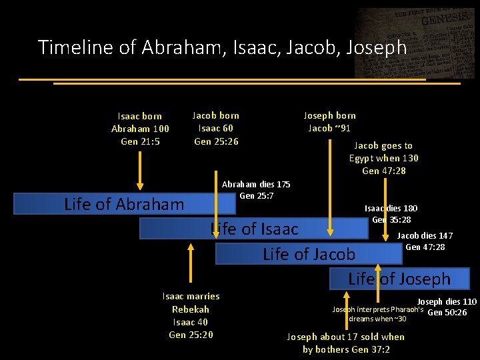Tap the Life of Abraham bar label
coord(124,204)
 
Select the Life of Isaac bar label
coord(254,229)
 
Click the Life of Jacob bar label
coord(309,254)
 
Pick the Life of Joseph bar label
coord(399,279)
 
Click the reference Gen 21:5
coord(140,141)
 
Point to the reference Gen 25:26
coord(216,141)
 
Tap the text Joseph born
coord(329,115)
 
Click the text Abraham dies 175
coord(256,184)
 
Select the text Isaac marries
coord(191,296)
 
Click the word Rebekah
coord(191,309)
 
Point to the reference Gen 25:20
coord(191,335)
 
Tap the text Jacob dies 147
coord(425,235)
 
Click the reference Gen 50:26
coord(447,312)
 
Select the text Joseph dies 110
coord(447,301)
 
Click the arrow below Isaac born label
coord(140,170)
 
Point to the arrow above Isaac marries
coord(191,263)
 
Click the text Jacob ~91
coord(329,128)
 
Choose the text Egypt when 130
coord(383,158)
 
